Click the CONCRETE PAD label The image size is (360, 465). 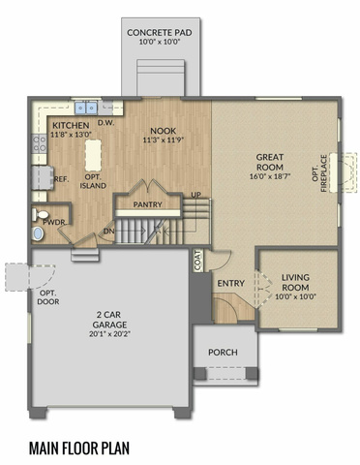click(160, 33)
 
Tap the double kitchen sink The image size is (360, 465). click(86, 108)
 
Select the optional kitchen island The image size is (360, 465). click(93, 155)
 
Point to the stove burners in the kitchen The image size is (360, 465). click(40, 144)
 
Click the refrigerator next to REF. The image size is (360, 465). click(43, 178)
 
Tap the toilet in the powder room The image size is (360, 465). click(40, 214)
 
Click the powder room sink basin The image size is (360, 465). click(38, 233)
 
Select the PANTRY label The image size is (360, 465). click(147, 204)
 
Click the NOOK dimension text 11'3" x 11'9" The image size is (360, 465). click(164, 140)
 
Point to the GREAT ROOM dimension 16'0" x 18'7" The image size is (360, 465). click(270, 176)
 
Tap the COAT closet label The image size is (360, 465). click(197, 261)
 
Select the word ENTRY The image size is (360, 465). click(230, 283)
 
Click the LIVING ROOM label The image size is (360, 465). click(295, 282)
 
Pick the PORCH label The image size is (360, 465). click(223, 352)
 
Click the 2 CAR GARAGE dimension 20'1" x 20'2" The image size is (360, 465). click(109, 334)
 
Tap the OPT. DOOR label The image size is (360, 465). click(48, 297)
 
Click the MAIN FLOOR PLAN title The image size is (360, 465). click(79, 448)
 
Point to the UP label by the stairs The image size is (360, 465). click(196, 195)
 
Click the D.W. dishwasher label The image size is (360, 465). click(106, 123)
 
